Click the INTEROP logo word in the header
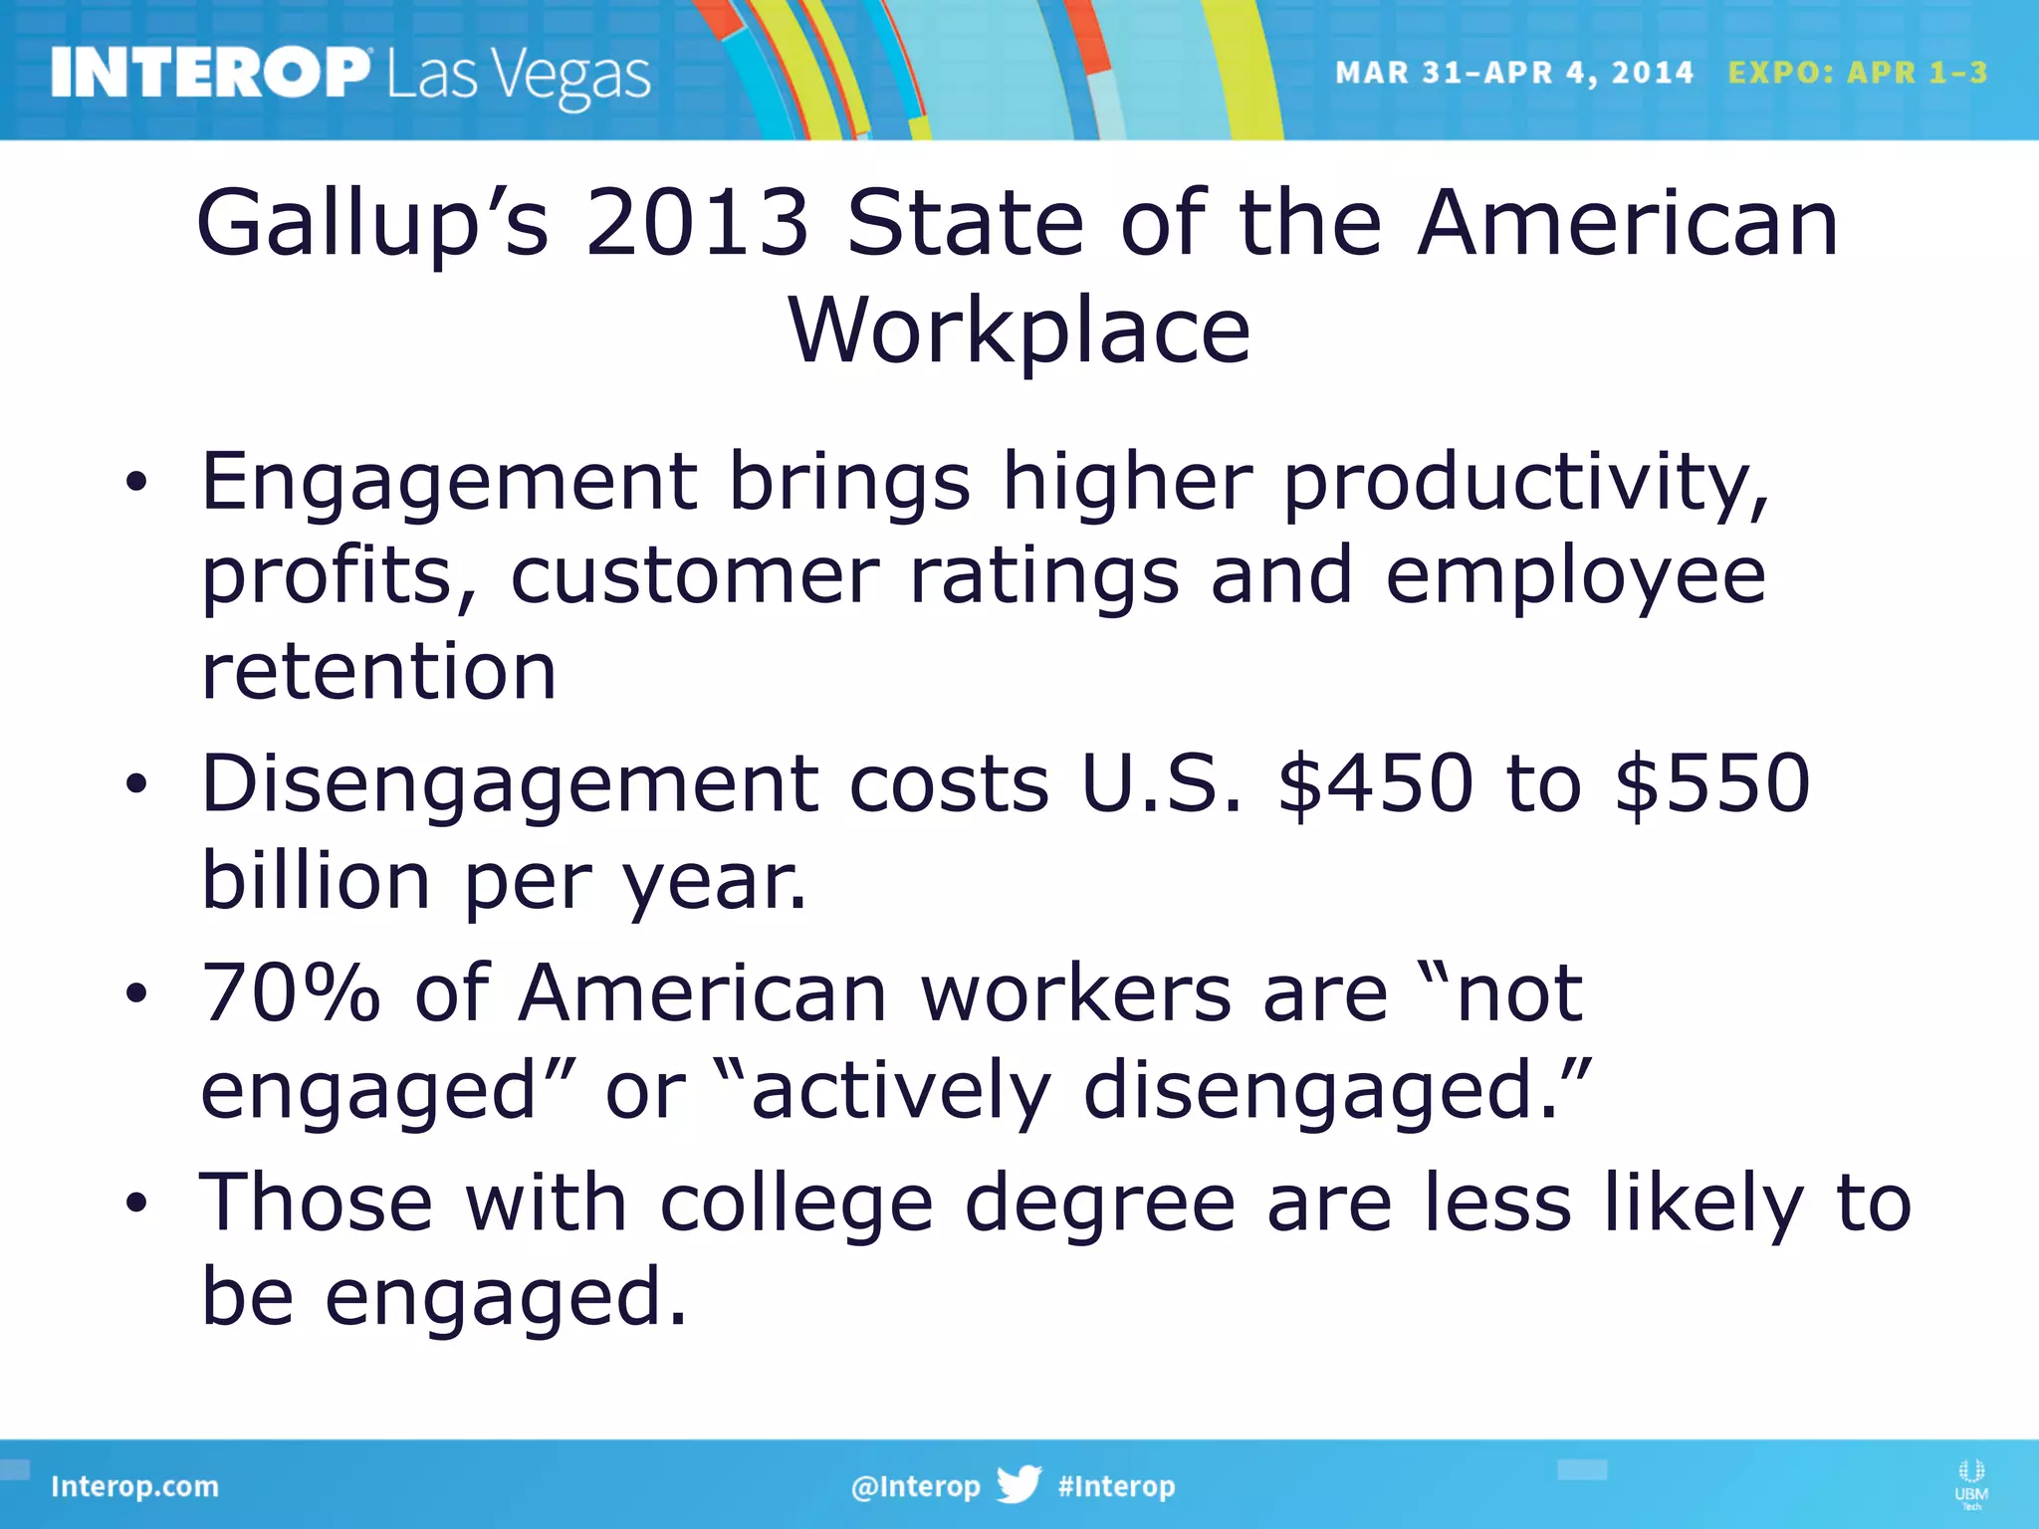tap(209, 73)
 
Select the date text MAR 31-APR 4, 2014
tap(1513, 73)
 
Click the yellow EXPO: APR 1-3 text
tap(1858, 73)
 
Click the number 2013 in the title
tap(697, 223)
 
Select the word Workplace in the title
tap(1019, 332)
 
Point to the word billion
tap(316, 880)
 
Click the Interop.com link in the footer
tap(134, 1486)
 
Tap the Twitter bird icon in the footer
tap(1019, 1484)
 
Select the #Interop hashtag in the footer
tap(1116, 1486)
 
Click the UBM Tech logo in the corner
tap(1971, 1484)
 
